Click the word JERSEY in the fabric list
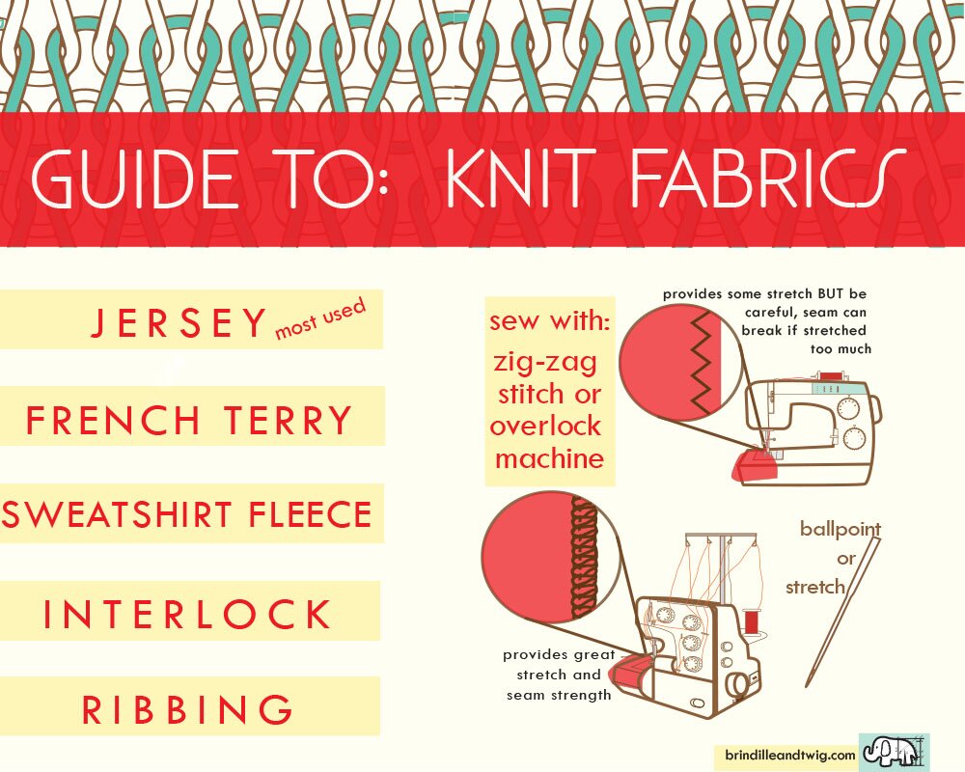click(179, 322)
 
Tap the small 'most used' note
click(320, 318)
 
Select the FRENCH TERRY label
click(188, 421)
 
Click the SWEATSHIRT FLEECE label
click(187, 514)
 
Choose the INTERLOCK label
click(187, 614)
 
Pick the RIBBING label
click(187, 709)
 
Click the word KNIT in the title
click(521, 178)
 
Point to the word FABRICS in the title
click(768, 178)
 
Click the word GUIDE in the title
click(134, 179)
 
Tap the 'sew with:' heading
click(550, 320)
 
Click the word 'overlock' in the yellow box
click(545, 426)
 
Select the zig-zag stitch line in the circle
click(702, 362)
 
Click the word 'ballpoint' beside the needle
click(841, 530)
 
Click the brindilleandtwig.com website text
click(790, 755)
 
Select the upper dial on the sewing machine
click(849, 408)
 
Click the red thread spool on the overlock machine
click(752, 621)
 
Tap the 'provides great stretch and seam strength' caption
click(559, 675)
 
